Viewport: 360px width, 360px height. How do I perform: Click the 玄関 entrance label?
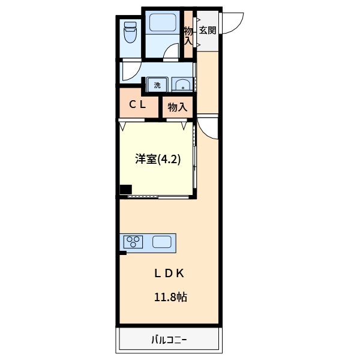click(208, 30)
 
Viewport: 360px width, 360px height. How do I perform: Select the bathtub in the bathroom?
click(161, 25)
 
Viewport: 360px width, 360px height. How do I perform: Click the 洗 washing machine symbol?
click(157, 85)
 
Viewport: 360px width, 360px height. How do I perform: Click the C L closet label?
click(139, 104)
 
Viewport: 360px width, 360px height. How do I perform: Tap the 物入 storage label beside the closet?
click(178, 108)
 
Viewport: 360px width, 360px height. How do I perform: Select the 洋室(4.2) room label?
click(157, 160)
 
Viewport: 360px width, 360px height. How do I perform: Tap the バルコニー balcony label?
click(169, 341)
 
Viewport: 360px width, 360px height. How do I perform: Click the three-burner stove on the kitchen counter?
click(134, 242)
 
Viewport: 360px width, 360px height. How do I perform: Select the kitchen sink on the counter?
click(163, 242)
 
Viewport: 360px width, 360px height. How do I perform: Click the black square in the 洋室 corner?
click(125, 190)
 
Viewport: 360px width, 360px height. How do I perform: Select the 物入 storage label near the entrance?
click(188, 35)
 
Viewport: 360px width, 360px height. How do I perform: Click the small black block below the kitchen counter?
click(122, 254)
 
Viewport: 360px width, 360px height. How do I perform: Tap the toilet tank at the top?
click(130, 26)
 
